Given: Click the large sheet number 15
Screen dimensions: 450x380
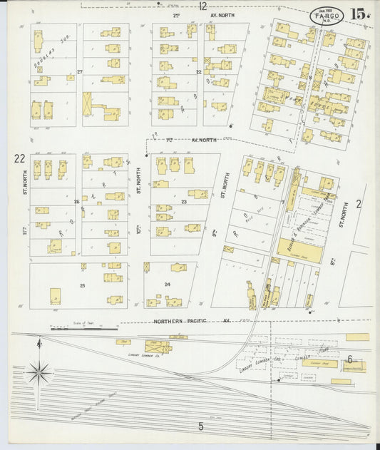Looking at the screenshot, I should pos(359,14).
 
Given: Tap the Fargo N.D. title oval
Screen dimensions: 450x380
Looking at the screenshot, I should pos(327,15).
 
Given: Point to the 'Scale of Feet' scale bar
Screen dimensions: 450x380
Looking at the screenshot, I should pos(84,329).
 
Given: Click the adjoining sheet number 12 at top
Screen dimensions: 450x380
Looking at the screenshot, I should pos(203,6).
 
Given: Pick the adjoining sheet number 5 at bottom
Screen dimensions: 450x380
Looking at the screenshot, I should pos(201,426).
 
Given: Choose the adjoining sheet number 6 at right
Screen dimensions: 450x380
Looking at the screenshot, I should pos(350,359).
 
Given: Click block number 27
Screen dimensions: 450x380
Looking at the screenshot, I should pos(80,73).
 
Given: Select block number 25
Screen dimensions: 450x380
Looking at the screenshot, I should pos(82,285).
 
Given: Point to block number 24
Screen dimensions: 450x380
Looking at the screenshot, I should pos(168,285).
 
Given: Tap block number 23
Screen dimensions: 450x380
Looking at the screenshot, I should pos(183,202).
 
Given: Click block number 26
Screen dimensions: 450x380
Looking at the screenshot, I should pos(76,202).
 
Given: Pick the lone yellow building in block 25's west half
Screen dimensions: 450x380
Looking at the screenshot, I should pos(55,295).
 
